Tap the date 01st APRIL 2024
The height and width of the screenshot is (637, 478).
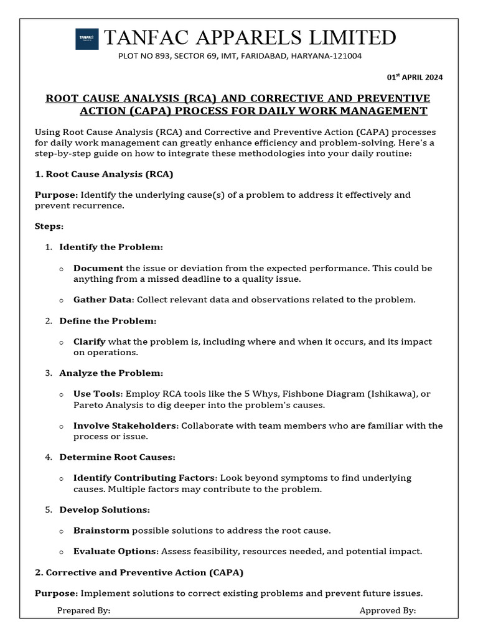tap(415, 77)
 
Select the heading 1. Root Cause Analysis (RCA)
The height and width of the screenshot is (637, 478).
tap(104, 174)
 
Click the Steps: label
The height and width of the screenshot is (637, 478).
tap(49, 226)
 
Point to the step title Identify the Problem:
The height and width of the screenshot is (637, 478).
tap(111, 247)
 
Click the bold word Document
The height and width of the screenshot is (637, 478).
tap(98, 268)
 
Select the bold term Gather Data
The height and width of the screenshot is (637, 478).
tap(102, 300)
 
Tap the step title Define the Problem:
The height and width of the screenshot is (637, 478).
tap(108, 321)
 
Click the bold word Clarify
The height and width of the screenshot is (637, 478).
tap(90, 342)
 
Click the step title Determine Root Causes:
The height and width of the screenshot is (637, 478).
tap(117, 457)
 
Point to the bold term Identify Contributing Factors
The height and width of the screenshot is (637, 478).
tap(144, 478)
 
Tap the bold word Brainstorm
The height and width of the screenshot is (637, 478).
tap(101, 531)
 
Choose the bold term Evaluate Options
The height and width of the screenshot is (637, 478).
tap(115, 551)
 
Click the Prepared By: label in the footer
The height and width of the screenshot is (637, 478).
tap(83, 611)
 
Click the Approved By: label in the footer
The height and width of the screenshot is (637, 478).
tap(387, 611)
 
